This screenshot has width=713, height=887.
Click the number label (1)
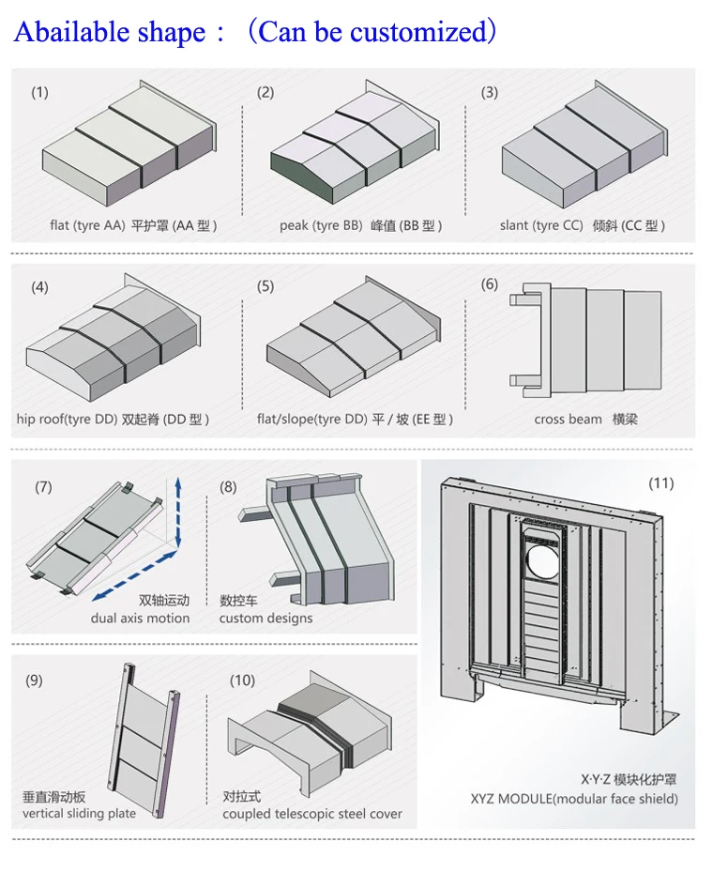[39, 92]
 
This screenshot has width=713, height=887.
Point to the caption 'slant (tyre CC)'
[541, 225]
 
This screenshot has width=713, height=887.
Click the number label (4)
[39, 287]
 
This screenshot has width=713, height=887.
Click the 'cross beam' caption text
[568, 420]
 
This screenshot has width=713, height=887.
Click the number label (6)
[490, 284]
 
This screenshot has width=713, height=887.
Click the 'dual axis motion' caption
[140, 618]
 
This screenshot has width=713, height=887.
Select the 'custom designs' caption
[265, 618]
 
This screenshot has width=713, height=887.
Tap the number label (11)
[660, 483]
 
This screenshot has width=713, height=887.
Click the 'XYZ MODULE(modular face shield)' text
[574, 799]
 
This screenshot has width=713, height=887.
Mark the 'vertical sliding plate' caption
[79, 813]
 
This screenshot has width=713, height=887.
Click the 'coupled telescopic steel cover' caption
[312, 813]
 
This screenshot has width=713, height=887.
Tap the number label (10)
[242, 680]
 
